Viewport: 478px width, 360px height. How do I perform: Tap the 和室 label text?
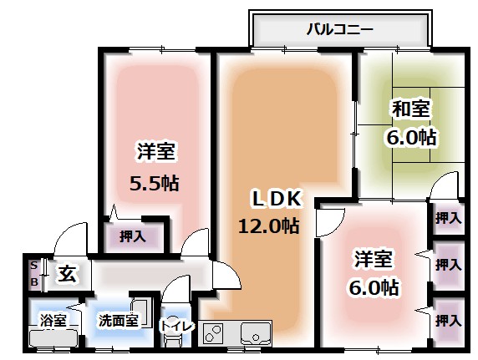click(411, 108)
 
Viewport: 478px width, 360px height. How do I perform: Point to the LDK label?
click(271, 198)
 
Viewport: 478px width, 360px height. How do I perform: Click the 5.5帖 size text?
click(155, 182)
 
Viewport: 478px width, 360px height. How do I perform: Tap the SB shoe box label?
click(33, 273)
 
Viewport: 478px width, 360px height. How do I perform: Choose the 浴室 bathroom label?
click(53, 319)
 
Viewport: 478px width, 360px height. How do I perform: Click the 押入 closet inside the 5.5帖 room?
click(132, 236)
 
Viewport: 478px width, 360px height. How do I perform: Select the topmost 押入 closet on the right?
click(449, 218)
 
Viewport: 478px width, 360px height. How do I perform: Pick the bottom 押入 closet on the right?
click(449, 319)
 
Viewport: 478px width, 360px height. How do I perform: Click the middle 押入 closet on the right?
click(449, 265)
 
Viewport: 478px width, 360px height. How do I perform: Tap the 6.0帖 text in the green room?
click(411, 136)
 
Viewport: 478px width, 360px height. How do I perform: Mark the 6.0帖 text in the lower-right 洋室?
click(374, 288)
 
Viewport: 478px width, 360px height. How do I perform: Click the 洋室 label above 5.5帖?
click(155, 151)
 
